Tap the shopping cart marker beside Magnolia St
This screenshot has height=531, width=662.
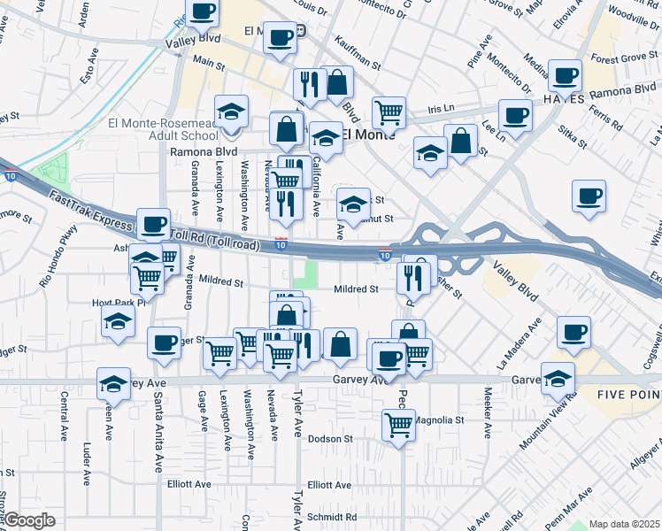pyautogui.click(x=399, y=424)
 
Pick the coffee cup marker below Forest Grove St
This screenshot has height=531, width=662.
pyautogui.click(x=565, y=76)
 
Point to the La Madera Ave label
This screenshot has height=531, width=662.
pyautogui.click(x=519, y=346)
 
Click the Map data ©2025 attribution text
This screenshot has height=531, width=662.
pyautogui.click(x=623, y=524)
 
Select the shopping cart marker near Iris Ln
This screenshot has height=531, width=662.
pyautogui.click(x=389, y=112)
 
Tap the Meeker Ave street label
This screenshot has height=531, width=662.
pyautogui.click(x=488, y=411)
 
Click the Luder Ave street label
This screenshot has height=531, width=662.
pyautogui.click(x=87, y=460)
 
